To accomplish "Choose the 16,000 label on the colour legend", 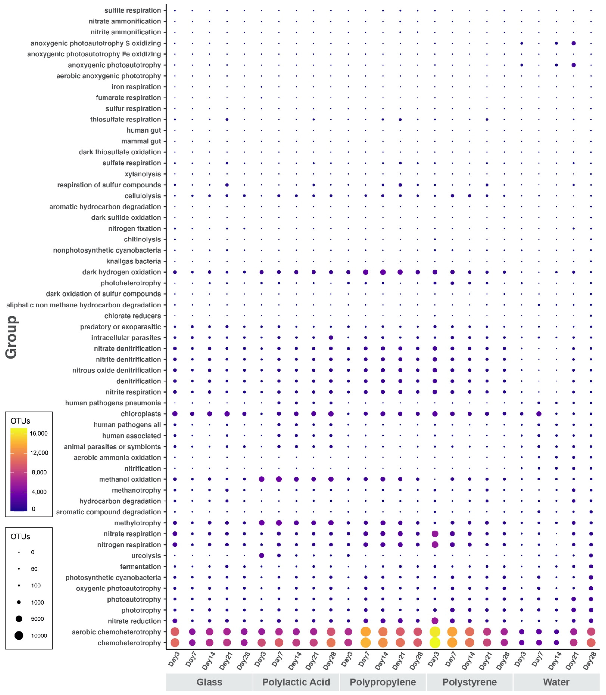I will (x=39, y=433).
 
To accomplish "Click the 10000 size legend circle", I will (x=19, y=636).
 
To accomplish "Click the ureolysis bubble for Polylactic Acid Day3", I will (x=261, y=556).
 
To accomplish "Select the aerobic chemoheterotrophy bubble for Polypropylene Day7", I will (x=366, y=632).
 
